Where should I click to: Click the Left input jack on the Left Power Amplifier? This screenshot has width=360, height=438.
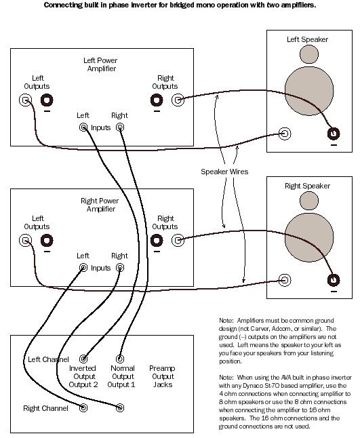(x=83, y=127)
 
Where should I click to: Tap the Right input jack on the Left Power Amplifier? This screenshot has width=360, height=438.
(x=120, y=127)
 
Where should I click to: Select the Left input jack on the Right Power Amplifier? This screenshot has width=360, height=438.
(x=83, y=267)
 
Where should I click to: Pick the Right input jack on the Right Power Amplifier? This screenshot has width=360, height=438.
(x=120, y=267)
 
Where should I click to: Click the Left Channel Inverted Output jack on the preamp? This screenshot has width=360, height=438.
(x=83, y=359)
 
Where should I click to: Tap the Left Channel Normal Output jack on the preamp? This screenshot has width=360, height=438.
(x=120, y=359)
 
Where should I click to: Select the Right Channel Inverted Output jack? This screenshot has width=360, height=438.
(x=83, y=407)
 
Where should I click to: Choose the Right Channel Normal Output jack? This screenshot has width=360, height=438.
(x=120, y=407)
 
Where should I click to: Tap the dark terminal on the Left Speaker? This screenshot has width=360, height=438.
(x=333, y=134)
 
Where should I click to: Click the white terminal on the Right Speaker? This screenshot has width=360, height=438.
(x=285, y=279)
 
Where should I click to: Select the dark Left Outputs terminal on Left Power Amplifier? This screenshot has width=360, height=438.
(x=47, y=100)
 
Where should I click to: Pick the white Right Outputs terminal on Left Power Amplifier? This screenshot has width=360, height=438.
(x=178, y=100)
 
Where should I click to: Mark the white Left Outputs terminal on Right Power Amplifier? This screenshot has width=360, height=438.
(x=25, y=240)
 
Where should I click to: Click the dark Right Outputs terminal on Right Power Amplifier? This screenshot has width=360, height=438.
(x=157, y=240)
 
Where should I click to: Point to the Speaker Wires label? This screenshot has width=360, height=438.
(x=224, y=172)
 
